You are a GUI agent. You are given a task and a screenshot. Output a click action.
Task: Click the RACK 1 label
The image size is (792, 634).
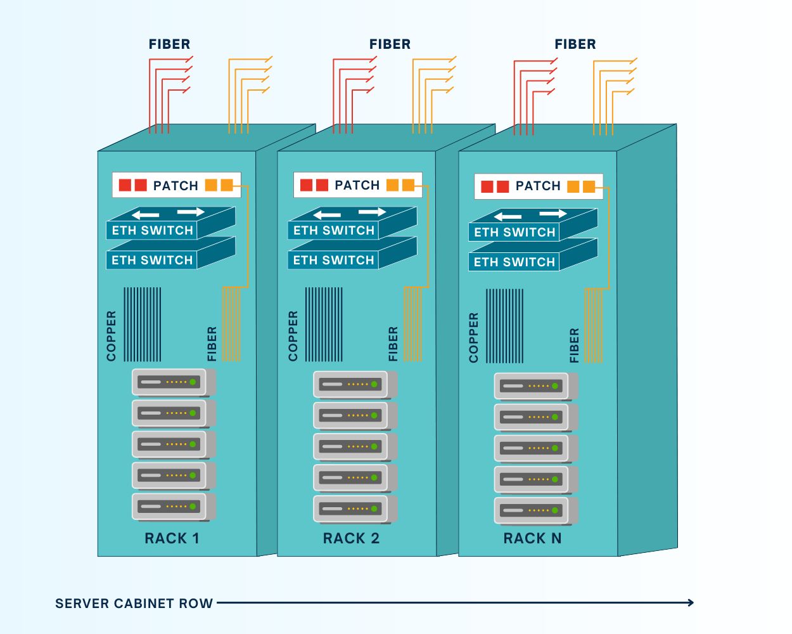(172, 538)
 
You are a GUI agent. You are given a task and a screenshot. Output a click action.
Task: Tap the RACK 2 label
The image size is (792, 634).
(351, 538)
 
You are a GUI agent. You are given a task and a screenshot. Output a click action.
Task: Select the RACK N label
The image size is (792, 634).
(532, 538)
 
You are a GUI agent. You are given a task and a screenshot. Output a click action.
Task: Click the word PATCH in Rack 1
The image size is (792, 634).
(176, 186)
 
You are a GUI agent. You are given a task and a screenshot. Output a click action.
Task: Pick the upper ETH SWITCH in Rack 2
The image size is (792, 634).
(334, 230)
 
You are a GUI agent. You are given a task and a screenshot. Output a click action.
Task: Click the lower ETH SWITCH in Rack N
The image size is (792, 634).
(514, 262)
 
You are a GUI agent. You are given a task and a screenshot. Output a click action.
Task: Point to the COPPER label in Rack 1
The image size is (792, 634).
(112, 336)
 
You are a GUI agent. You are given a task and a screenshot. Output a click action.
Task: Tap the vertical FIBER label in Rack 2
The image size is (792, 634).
(393, 344)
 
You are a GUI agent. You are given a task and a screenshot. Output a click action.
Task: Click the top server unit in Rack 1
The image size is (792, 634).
(169, 382)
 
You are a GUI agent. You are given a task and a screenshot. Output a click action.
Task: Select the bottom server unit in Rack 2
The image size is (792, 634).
(350, 508)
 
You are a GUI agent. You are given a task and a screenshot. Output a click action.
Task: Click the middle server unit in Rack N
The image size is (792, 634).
(531, 448)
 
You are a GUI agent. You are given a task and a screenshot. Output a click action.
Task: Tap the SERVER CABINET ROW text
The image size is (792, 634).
(134, 604)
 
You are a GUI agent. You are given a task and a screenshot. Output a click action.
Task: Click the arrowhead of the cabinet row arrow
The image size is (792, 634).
(691, 602)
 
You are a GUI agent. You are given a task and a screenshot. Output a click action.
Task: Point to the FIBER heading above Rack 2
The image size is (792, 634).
(390, 44)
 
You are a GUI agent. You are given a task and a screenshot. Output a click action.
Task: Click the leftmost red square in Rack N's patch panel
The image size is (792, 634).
(487, 186)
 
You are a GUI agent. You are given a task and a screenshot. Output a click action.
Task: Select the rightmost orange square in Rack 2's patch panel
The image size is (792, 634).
(408, 185)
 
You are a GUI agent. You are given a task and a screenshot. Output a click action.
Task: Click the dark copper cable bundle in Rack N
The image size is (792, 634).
(504, 326)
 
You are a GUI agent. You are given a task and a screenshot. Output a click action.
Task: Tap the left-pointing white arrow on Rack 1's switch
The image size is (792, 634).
(146, 215)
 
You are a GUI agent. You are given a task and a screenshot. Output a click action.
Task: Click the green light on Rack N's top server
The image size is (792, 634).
(555, 386)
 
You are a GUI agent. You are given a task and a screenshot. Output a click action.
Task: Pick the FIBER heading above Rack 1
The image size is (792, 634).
(169, 44)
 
